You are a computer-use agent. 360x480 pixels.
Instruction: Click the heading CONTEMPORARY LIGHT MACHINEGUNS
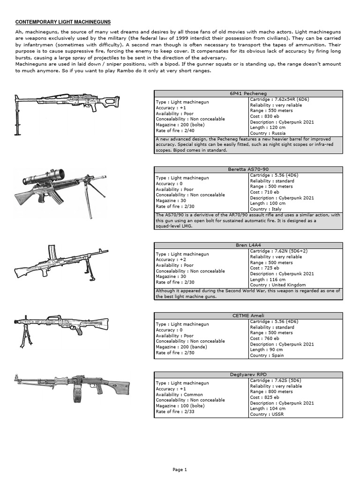click(x=63, y=22)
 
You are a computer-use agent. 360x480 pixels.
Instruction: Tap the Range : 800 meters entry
click(x=271, y=391)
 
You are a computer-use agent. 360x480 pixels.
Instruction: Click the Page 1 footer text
click(x=180, y=469)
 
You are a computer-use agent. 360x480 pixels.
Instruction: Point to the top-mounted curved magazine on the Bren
click(x=53, y=253)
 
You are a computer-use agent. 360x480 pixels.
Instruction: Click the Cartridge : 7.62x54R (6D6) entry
click(x=279, y=99)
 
